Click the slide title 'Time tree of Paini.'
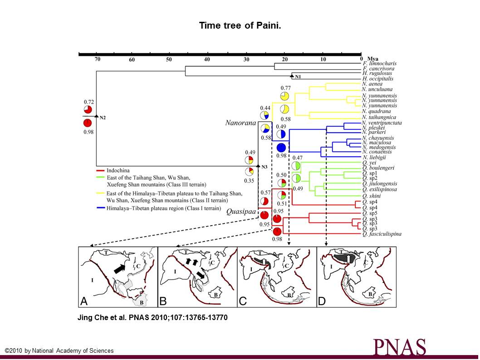[x=240, y=25]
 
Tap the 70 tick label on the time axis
[x=97, y=59]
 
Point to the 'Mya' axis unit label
[x=373, y=59]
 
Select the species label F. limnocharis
[x=379, y=64]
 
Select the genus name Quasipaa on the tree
[x=240, y=212]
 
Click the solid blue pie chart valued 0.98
[x=281, y=148]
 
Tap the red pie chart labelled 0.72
[x=88, y=110]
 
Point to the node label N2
[x=103, y=118]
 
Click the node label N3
[x=264, y=167]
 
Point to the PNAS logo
[x=400, y=347]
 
